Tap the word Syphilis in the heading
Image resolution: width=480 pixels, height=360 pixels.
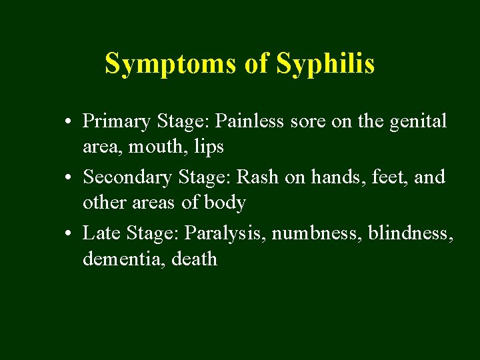(x=325, y=64)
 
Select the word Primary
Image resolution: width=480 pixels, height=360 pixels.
(x=116, y=122)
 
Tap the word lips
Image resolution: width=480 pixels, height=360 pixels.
(x=208, y=147)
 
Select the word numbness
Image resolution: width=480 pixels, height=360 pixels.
(x=301, y=233)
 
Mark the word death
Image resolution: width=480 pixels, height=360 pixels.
(x=195, y=258)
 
